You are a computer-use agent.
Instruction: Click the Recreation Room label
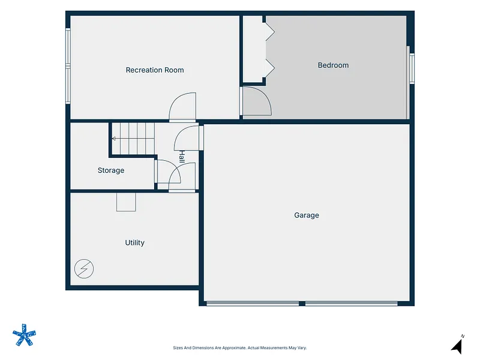[x=155, y=70]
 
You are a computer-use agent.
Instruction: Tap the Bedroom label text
[x=333, y=65]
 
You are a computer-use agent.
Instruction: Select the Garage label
[x=307, y=215]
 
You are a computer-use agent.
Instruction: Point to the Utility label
[x=134, y=243]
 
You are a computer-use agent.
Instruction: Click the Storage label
[x=111, y=170]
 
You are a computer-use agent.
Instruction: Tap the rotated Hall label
[x=182, y=157]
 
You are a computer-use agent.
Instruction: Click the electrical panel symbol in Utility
[x=84, y=269]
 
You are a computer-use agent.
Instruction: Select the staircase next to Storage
[x=133, y=139]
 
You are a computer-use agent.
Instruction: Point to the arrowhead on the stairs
[x=113, y=139]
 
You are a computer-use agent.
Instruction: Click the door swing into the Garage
[x=180, y=133]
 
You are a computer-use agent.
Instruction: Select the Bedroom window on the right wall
[x=412, y=68]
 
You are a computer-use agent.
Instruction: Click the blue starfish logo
[x=24, y=335]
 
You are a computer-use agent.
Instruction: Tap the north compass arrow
[x=457, y=346]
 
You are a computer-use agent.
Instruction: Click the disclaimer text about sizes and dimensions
[x=239, y=348]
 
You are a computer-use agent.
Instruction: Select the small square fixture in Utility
[x=126, y=202]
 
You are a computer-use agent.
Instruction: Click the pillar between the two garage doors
[x=302, y=304]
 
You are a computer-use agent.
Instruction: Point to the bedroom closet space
[x=254, y=49]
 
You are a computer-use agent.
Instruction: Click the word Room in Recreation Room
[x=174, y=70]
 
